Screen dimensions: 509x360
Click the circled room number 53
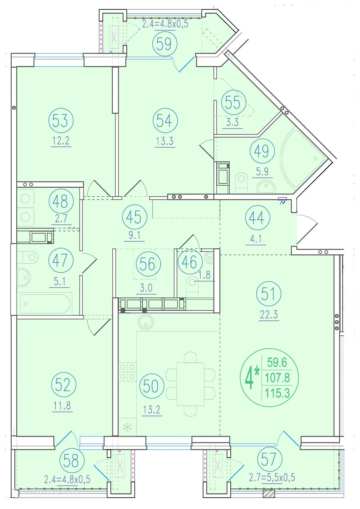(61, 120)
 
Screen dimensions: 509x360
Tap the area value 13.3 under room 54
(165, 141)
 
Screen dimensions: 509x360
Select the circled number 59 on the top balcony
(164, 44)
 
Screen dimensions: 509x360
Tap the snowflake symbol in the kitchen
(127, 427)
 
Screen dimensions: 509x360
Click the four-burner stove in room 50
(127, 372)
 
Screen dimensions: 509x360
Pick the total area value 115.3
(277, 393)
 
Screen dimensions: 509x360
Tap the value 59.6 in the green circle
(277, 362)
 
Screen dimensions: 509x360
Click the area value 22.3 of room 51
(269, 314)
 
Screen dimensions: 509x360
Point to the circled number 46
(190, 262)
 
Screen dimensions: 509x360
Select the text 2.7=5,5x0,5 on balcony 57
(272, 477)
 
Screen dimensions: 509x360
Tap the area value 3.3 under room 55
(232, 122)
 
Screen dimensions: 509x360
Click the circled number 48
(61, 201)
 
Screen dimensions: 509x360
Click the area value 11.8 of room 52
(62, 406)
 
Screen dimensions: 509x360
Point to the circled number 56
(147, 264)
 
